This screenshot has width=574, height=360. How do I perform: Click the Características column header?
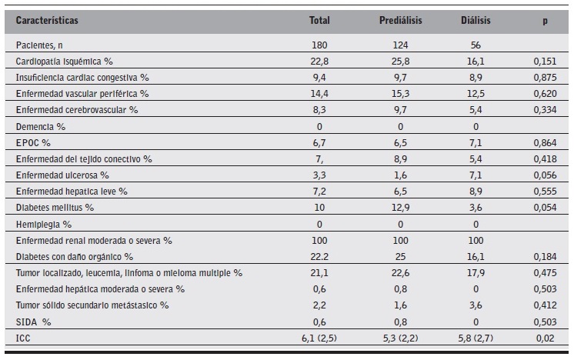(x=47, y=20)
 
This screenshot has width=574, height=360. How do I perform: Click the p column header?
(x=546, y=20)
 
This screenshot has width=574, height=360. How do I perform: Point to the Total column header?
(x=319, y=20)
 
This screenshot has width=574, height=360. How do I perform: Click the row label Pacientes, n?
(x=41, y=45)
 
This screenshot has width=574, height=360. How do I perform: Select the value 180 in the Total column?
(x=319, y=45)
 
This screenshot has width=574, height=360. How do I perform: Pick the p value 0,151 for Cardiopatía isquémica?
(x=545, y=60)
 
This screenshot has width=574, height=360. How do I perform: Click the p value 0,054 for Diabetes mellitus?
(x=545, y=207)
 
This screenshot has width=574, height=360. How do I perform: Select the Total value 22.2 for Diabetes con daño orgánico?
(x=319, y=256)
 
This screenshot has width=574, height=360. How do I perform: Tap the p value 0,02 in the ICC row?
(x=545, y=337)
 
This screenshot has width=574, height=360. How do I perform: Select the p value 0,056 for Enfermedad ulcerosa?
(x=545, y=175)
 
